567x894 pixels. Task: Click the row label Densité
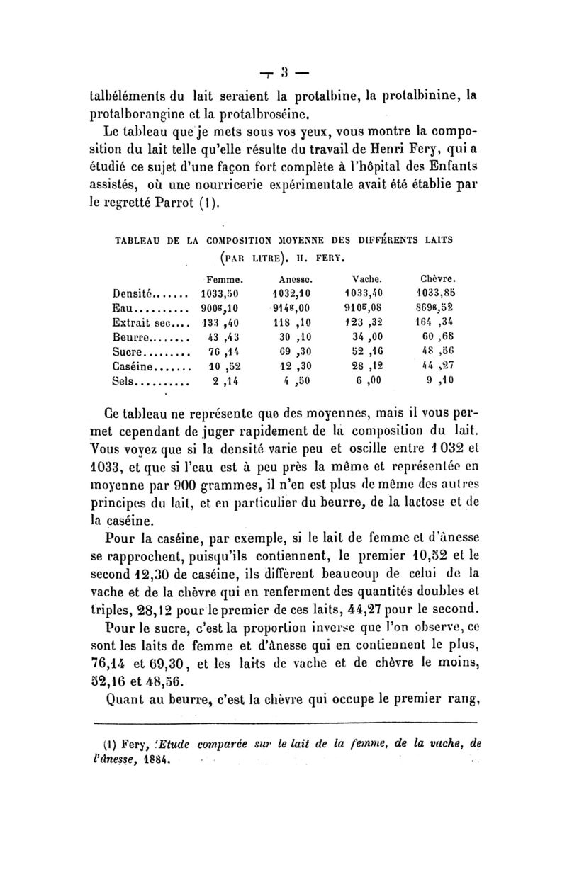click(x=130, y=293)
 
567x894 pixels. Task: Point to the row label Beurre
click(x=130, y=337)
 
